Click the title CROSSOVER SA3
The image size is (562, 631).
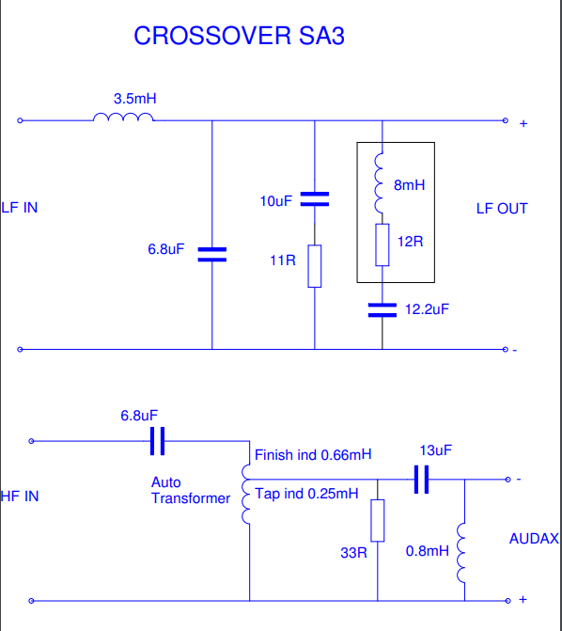point(239,36)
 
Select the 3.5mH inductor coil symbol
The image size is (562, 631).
point(123,117)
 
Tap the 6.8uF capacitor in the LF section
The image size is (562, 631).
point(212,255)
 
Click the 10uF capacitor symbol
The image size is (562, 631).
point(315,199)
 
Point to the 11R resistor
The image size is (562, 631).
point(315,266)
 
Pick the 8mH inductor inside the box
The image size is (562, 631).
point(379,183)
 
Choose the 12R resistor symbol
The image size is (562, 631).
point(382,245)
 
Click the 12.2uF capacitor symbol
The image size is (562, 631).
point(382,310)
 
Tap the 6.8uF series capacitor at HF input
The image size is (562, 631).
point(157,441)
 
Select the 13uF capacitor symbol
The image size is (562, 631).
point(422,480)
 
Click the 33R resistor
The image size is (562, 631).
point(378,520)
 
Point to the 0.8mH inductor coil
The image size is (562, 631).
point(461,553)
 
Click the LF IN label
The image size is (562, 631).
point(20,208)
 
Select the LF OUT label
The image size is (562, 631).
point(502,209)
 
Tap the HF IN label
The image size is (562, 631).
point(20,497)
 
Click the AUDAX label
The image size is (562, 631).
point(534,539)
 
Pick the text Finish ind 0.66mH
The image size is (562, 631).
point(313,455)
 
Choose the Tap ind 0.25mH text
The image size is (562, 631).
point(306,494)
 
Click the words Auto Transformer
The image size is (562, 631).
point(191,490)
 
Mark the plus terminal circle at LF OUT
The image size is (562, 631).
point(506,120)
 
